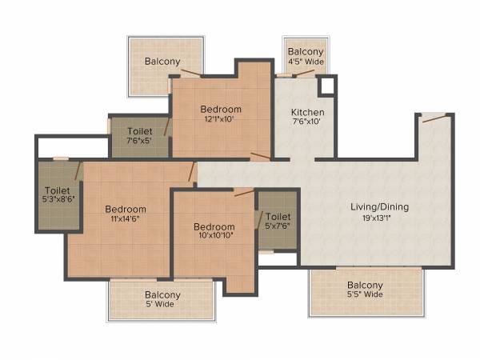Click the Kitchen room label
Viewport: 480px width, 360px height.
(x=307, y=112)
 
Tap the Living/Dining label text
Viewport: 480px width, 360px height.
(x=379, y=207)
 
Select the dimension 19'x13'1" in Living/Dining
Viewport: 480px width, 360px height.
(x=379, y=218)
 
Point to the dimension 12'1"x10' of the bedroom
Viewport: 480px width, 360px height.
(x=221, y=120)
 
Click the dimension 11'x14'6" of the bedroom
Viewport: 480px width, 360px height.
(x=126, y=219)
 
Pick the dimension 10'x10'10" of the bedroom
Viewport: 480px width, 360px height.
(x=214, y=236)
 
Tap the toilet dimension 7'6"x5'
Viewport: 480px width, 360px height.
(x=139, y=142)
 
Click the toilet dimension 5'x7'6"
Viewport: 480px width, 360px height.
(x=278, y=226)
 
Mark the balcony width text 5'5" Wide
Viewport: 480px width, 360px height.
(x=365, y=295)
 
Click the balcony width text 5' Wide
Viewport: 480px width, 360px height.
(x=162, y=305)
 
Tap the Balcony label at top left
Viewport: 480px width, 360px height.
(x=162, y=62)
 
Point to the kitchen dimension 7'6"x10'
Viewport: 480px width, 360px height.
(x=307, y=122)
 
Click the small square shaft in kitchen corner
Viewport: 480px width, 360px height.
(x=326, y=86)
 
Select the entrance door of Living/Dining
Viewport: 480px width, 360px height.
(x=434, y=118)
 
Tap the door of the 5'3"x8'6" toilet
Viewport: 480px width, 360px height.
(x=78, y=170)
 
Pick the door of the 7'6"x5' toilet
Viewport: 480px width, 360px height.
(x=166, y=126)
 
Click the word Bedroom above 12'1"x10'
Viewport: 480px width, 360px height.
(x=221, y=110)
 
